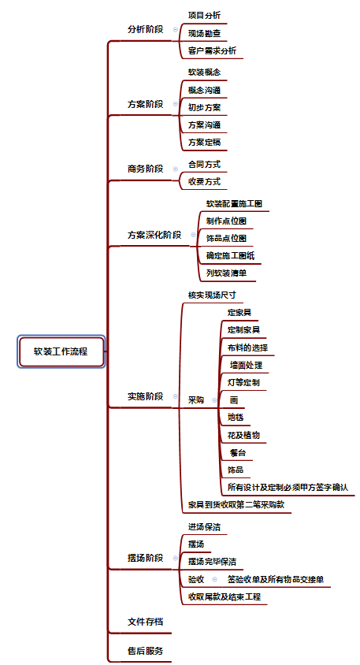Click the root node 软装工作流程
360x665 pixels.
pos(61,351)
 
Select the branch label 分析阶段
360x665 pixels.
pos(146,29)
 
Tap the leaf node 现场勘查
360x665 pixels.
pos(204,33)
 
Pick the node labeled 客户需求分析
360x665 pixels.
pos(213,51)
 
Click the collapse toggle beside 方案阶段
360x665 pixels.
pos(176,104)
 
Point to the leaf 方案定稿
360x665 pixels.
pos(204,143)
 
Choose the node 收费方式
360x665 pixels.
pos(204,181)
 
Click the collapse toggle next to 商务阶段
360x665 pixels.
pos(176,169)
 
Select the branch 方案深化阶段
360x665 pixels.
pos(154,235)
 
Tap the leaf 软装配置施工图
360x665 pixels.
pos(234,203)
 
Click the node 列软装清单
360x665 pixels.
pos(226,273)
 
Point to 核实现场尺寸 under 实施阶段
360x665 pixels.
pos(212,295)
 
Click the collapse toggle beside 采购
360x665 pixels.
pos(214,400)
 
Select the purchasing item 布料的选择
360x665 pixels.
pos(247,347)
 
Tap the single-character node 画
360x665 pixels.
pos(234,400)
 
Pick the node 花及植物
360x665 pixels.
pos(244,435)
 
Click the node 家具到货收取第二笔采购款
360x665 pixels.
pos(236,505)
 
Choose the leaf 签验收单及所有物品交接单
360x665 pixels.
pos(276,579)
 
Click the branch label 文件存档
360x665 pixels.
pos(146,622)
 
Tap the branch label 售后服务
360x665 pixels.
pos(146,651)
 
